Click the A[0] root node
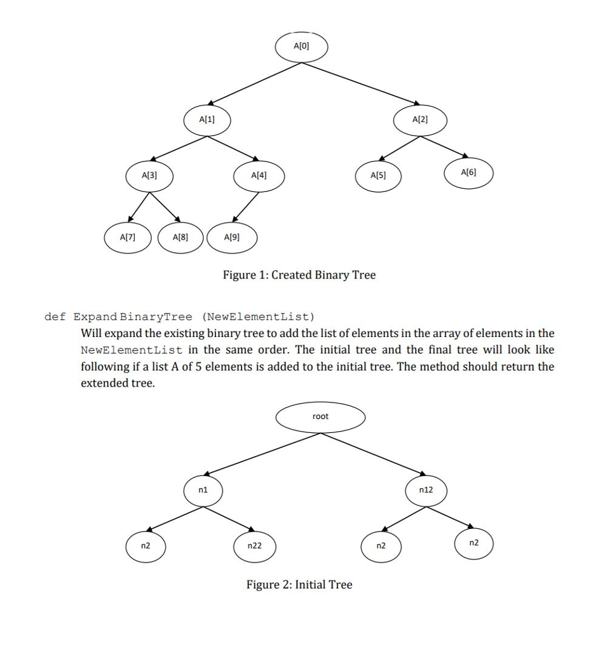pos(301,46)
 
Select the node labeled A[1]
pos(207,120)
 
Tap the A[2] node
pos(420,120)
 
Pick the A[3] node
pos(149,175)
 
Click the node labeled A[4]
pos(259,175)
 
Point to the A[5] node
pos(378,175)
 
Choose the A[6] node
pos(468,172)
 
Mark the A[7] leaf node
pos(128,237)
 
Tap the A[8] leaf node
pos(180,237)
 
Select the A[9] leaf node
pos(232,237)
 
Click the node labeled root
pos(321,417)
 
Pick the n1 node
pos(203,490)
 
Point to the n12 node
pos(426,490)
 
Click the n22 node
pos(254,546)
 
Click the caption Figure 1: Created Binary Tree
pos(299,275)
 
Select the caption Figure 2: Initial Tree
pos(299,585)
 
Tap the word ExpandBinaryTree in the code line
pos(133,317)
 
